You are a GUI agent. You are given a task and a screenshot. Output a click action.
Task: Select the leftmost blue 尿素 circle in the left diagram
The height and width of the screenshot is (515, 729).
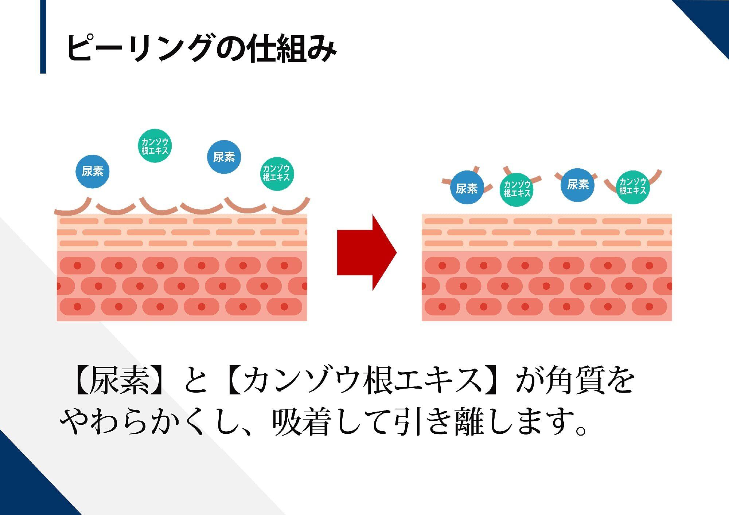click(93, 171)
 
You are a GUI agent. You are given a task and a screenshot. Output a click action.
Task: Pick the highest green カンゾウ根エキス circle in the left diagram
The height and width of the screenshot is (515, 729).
click(155, 146)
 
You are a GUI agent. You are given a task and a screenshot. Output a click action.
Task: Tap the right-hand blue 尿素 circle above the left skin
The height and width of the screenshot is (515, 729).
click(224, 157)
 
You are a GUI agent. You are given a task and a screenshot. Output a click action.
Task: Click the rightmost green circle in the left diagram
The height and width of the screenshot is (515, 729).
click(277, 173)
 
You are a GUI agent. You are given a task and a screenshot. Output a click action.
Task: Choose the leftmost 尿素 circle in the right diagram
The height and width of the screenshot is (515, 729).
click(467, 188)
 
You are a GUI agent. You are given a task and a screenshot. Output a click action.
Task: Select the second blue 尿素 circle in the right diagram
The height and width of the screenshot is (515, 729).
click(578, 185)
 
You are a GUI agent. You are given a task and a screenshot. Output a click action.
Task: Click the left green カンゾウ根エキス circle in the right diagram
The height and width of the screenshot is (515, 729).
click(517, 189)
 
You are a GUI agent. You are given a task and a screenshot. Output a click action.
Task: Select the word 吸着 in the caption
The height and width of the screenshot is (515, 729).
click(301, 422)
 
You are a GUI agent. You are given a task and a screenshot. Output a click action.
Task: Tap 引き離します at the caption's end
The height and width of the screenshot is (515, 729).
click(485, 422)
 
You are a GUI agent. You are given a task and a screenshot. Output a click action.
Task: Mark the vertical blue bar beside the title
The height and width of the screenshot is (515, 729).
click(43, 36)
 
